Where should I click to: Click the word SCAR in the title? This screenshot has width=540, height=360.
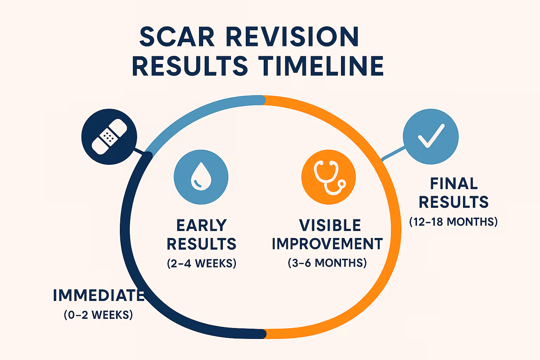pyautogui.click(x=177, y=37)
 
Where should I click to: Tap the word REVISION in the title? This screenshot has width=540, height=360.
pyautogui.click(x=292, y=37)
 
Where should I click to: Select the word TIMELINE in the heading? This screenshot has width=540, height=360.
pyautogui.click(x=321, y=66)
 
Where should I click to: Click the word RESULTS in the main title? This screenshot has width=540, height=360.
pyautogui.click(x=190, y=66)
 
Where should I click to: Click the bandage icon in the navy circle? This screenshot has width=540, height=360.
pyautogui.click(x=109, y=136)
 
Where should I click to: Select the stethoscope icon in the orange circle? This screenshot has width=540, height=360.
pyautogui.click(x=329, y=177)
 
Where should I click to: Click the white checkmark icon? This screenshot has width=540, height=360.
pyautogui.click(x=431, y=136)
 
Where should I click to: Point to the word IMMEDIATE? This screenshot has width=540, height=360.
pyautogui.click(x=99, y=295)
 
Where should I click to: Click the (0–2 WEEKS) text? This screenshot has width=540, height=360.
pyautogui.click(x=98, y=315)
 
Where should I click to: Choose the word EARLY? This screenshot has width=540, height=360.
pyautogui.click(x=201, y=225)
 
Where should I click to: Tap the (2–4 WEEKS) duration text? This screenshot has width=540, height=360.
pyautogui.click(x=201, y=263)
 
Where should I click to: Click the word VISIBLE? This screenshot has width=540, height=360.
pyautogui.click(x=330, y=225)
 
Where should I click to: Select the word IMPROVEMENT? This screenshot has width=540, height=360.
pyautogui.click(x=327, y=244)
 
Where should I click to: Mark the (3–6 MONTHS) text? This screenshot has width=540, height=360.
pyautogui.click(x=327, y=263)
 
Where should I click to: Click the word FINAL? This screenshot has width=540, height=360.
pyautogui.click(x=454, y=184)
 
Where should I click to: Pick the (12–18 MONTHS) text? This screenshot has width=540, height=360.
pyautogui.click(x=454, y=222)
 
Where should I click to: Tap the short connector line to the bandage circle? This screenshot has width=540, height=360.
pyautogui.click(x=139, y=152)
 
